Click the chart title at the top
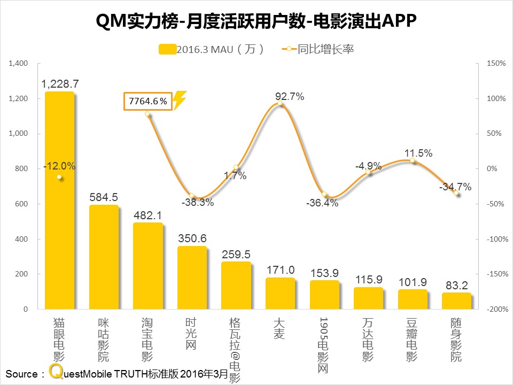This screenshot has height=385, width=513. click(256, 22)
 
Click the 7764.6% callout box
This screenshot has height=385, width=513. click(148, 101)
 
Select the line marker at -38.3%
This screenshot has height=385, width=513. click(192, 196)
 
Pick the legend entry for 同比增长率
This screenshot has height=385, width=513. click(317, 49)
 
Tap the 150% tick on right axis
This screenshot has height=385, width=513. click(496, 64)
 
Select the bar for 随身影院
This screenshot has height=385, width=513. click(456, 301)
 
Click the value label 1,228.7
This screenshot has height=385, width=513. click(60, 84)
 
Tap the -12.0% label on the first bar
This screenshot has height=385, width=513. click(60, 166)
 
